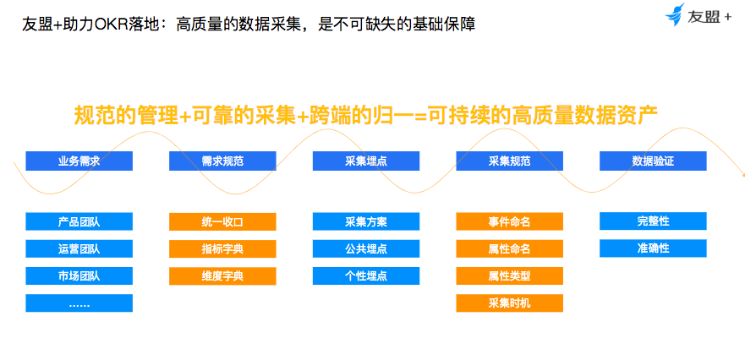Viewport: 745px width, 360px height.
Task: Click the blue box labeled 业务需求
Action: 79,161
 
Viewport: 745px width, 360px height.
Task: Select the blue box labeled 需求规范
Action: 222,161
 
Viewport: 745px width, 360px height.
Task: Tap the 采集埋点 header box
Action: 366,161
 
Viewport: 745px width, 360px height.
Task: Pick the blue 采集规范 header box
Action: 510,161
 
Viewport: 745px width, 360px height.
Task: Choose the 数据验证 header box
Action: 653,161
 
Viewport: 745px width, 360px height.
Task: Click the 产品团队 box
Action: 79,221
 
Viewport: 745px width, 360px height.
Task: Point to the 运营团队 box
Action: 79,248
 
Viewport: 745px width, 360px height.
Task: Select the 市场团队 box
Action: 79,275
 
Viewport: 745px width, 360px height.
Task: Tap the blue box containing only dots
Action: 79,303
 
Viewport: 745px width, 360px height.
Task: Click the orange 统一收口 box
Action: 222,221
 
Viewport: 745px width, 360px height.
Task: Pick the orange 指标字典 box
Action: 222,248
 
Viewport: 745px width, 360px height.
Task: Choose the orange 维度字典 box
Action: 222,275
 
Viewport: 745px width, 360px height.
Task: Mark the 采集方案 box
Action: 366,221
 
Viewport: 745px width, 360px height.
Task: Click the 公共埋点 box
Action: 366,248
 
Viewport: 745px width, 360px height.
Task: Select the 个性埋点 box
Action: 366,275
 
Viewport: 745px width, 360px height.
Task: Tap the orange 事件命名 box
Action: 510,221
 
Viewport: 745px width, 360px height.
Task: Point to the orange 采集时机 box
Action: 510,303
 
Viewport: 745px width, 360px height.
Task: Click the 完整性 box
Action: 653,221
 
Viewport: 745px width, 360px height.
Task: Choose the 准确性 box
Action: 653,248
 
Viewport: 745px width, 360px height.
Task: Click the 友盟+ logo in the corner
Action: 698,15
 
